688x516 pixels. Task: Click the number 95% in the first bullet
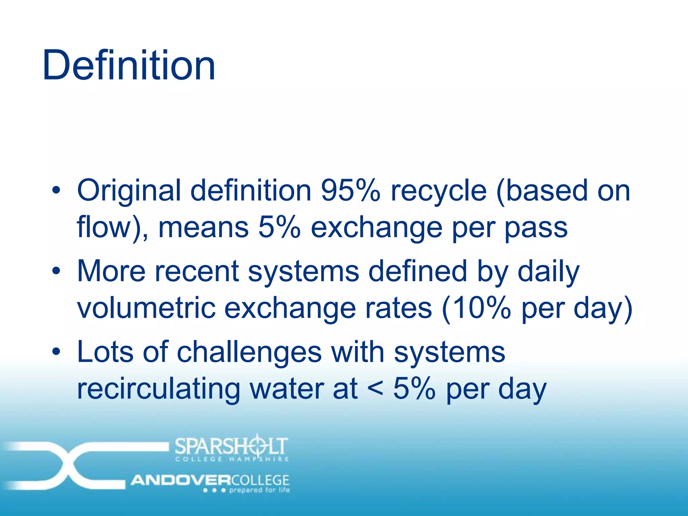click(x=350, y=190)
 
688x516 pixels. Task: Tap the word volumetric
click(x=146, y=308)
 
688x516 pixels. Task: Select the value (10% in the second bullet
click(x=476, y=308)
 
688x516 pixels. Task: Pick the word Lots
click(x=105, y=352)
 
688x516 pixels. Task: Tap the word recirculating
click(x=158, y=389)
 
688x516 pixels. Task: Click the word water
click(x=286, y=389)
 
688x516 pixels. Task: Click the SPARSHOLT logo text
click(x=231, y=445)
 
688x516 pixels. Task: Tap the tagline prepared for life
click(x=259, y=490)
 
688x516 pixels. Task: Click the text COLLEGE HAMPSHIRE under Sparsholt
click(x=232, y=459)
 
